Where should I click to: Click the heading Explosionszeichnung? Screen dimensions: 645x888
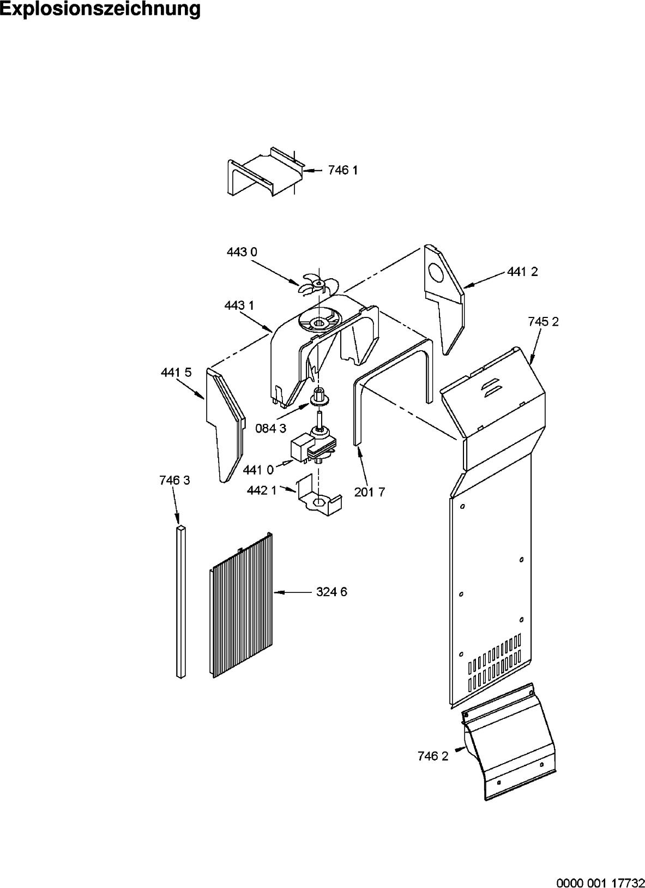pyautogui.click(x=100, y=9)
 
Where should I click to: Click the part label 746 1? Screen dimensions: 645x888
pyautogui.click(x=343, y=170)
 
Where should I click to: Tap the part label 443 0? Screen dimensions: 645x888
pyautogui.click(x=242, y=252)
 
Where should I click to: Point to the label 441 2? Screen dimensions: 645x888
pyautogui.click(x=522, y=272)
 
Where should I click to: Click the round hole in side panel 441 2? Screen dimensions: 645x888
pyautogui.click(x=437, y=273)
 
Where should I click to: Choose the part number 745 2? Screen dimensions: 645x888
pyautogui.click(x=543, y=321)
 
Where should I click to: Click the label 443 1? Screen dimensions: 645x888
pyautogui.click(x=239, y=305)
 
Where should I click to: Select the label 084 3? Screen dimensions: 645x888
pyautogui.click(x=270, y=428)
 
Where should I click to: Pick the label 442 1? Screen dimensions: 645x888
pyautogui.click(x=262, y=491)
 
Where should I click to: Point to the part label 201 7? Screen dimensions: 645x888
pyautogui.click(x=369, y=492)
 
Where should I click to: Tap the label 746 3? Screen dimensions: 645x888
pyautogui.click(x=174, y=481)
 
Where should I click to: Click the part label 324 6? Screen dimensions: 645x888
pyautogui.click(x=331, y=592)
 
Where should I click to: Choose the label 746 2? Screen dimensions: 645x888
pyautogui.click(x=433, y=757)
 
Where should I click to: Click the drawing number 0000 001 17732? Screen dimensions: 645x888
pyautogui.click(x=601, y=883)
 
